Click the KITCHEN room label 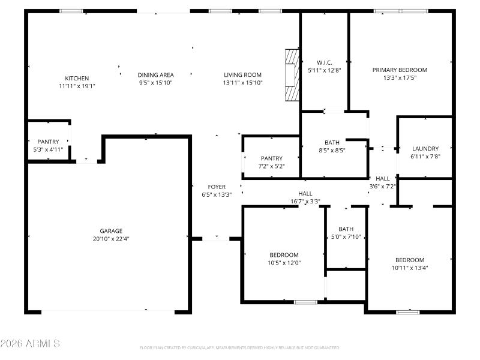tap(77, 78)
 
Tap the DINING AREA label tap(155, 74)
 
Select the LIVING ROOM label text tap(242, 74)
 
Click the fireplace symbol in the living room tap(292, 75)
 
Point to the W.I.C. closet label tap(324, 62)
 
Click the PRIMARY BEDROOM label tap(400, 70)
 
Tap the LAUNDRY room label tap(425, 148)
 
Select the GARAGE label tap(111, 230)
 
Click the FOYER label tap(217, 187)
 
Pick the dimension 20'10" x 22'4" tap(111, 238)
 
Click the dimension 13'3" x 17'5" tap(400, 77)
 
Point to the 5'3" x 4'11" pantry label tap(48, 149)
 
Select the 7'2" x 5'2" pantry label tap(271, 166)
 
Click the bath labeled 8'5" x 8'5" tap(332, 146)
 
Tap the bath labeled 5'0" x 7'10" tap(346, 233)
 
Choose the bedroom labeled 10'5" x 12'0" tap(284, 259)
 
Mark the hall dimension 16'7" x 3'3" tap(305, 202)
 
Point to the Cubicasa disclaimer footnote tap(240, 347)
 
